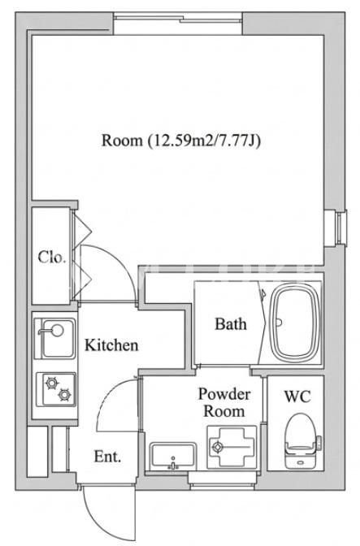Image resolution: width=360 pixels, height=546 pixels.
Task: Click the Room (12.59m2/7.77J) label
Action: (x=181, y=141)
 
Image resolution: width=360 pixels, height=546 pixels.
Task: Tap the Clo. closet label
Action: (x=52, y=257)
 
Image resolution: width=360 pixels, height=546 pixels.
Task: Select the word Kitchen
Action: (x=111, y=344)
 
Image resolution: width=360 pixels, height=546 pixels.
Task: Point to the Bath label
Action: (x=231, y=324)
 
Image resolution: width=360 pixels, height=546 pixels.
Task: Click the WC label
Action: (x=297, y=396)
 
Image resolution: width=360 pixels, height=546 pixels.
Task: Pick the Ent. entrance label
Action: (x=107, y=456)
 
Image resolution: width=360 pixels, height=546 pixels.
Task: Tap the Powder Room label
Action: (x=224, y=402)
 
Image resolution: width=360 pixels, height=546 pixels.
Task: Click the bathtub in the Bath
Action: (x=296, y=323)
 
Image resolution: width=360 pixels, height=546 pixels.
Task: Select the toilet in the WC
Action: (x=302, y=440)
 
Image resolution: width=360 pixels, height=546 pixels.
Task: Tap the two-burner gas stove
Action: (x=56, y=389)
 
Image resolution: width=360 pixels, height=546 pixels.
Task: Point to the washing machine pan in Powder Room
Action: (x=232, y=447)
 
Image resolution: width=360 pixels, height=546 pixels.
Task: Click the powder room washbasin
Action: (x=173, y=456)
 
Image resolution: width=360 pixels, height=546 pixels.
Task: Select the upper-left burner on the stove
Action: (x=52, y=383)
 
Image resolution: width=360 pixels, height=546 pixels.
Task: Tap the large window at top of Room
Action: (x=178, y=24)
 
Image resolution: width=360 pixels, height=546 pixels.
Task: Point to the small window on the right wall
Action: (x=336, y=228)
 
